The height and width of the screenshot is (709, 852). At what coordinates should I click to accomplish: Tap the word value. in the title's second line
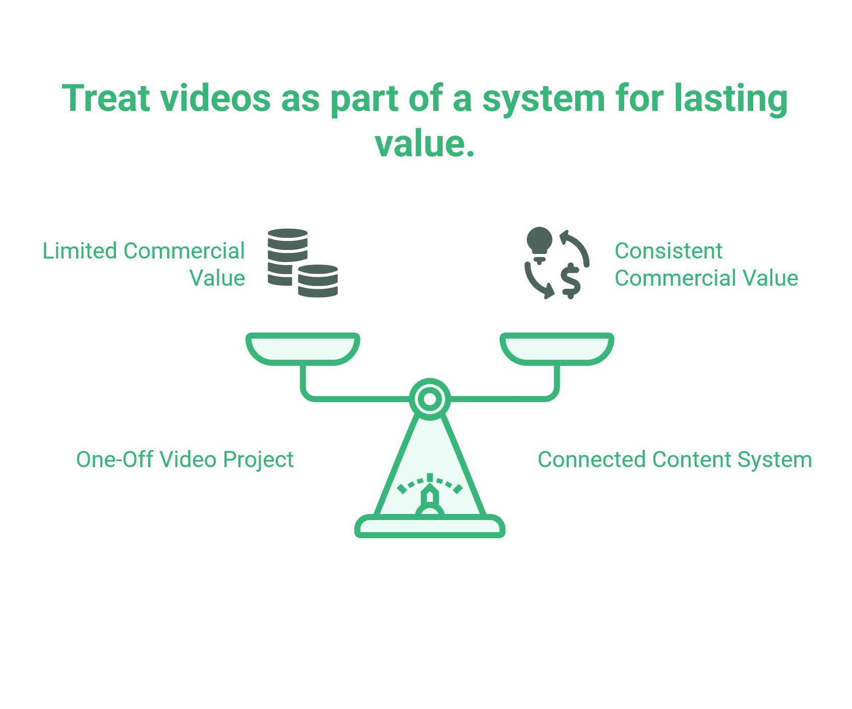[425, 144]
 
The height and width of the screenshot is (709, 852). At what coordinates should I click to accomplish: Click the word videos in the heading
[216, 98]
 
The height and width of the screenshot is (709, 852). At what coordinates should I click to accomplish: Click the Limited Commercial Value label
[144, 264]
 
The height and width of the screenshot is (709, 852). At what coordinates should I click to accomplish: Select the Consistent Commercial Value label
[706, 264]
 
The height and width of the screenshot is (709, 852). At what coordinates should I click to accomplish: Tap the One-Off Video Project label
[185, 460]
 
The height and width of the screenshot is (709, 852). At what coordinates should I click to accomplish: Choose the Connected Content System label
[675, 460]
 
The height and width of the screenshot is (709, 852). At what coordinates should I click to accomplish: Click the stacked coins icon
[302, 263]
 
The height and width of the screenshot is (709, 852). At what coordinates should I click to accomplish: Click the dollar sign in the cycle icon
[571, 280]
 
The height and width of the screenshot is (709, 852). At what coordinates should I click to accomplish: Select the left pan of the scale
[302, 348]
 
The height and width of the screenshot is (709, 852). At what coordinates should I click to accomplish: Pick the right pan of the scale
[557, 348]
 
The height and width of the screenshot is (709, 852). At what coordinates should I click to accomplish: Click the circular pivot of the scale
[430, 399]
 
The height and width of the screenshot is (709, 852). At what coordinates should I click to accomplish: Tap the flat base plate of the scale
[430, 527]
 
